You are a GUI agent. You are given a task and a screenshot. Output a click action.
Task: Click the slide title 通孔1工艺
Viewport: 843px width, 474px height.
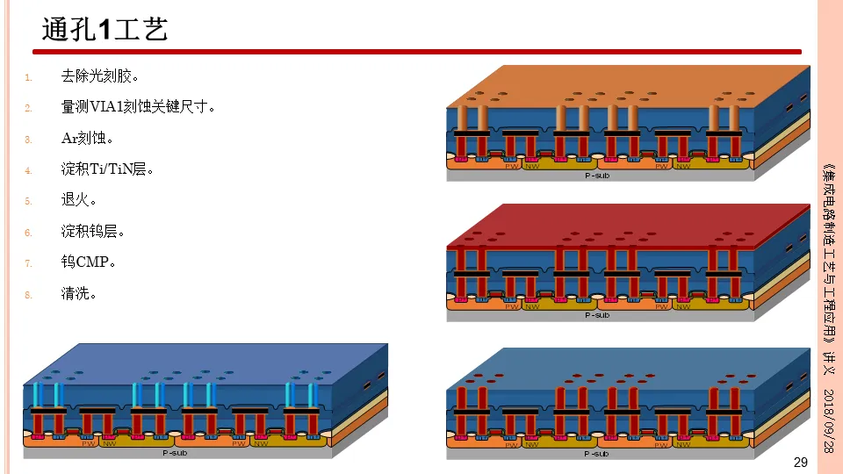pyautogui.click(x=105, y=31)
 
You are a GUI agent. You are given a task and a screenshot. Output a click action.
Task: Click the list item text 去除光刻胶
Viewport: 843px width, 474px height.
pyautogui.click(x=99, y=77)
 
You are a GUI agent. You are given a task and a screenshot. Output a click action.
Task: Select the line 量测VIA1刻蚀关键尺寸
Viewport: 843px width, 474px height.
pyautogui.click(x=138, y=108)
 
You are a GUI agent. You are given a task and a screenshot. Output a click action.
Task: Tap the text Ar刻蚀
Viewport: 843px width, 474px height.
pyautogui.click(x=87, y=139)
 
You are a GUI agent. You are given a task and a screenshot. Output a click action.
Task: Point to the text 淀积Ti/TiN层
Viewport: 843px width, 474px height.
pyautogui.click(x=107, y=169)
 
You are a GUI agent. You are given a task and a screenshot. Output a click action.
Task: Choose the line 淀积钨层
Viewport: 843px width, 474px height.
pyautogui.click(x=92, y=232)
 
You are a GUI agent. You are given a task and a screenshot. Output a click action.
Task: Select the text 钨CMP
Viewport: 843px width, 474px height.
pyautogui.click(x=89, y=262)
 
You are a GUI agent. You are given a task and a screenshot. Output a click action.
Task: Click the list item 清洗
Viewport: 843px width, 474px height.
pyautogui.click(x=78, y=293)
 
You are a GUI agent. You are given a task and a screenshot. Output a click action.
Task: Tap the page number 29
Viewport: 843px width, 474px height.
pyautogui.click(x=800, y=463)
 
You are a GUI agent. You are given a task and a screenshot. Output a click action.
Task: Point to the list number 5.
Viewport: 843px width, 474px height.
pyautogui.click(x=28, y=201)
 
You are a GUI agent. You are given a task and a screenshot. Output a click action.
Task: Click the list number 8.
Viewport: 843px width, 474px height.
pyautogui.click(x=28, y=295)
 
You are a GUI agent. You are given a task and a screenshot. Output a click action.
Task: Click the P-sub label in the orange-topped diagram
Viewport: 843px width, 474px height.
pyautogui.click(x=597, y=176)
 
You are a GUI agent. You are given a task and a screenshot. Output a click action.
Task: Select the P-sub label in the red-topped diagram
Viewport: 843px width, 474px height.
pyautogui.click(x=597, y=314)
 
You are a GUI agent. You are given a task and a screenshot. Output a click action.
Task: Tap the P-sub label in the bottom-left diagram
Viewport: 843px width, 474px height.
pyautogui.click(x=174, y=453)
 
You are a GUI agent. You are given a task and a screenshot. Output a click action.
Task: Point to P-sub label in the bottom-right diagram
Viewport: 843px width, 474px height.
pyautogui.click(x=597, y=453)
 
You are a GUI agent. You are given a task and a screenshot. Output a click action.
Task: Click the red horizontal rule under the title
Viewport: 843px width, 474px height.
pyautogui.click(x=421, y=53)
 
